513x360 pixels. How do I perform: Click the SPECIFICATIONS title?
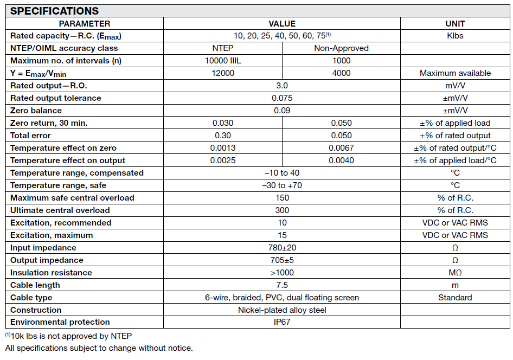click(54, 11)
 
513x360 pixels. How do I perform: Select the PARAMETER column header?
click(84, 23)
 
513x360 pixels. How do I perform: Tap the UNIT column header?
click(454, 23)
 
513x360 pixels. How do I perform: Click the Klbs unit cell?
click(454, 36)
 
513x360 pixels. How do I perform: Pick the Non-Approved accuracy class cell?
click(341, 48)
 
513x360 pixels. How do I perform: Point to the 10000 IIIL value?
click(223, 61)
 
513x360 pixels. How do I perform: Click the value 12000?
click(223, 73)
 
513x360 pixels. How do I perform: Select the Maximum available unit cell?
click(454, 73)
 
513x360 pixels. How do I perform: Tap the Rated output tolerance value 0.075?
click(282, 98)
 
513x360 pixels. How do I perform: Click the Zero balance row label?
click(36, 111)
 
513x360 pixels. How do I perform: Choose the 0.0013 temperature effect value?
click(223, 148)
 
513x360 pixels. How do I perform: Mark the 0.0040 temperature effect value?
click(341, 160)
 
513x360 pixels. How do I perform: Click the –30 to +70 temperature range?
click(282, 185)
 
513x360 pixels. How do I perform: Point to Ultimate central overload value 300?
click(282, 210)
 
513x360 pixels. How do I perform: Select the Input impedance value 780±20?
click(282, 248)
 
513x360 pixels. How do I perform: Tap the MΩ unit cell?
click(454, 273)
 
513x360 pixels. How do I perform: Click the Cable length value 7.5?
click(282, 285)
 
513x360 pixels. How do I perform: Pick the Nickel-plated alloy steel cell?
click(282, 310)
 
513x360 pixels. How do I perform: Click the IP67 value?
click(282, 322)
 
